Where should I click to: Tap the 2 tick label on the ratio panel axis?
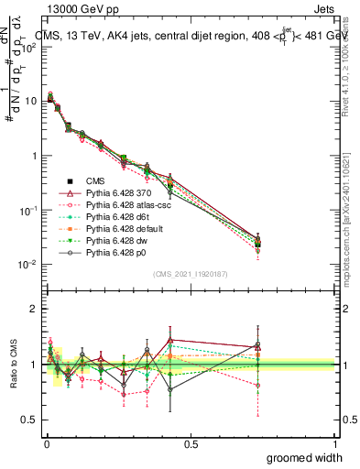33,310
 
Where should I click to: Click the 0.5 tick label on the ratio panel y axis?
28,420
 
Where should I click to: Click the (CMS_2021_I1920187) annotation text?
191,275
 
